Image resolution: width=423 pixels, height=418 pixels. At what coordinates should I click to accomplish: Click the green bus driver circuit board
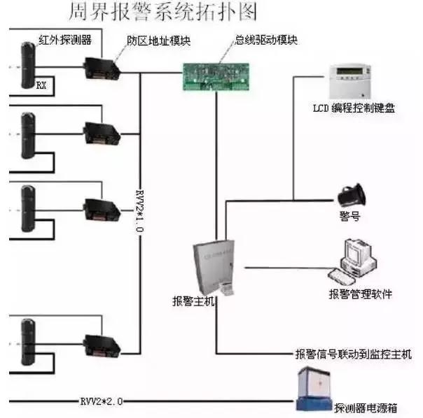click(x=214, y=75)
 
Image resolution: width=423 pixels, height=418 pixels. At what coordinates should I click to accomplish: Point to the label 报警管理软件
click(x=360, y=294)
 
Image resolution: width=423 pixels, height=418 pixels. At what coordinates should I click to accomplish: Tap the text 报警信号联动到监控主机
click(x=354, y=354)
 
